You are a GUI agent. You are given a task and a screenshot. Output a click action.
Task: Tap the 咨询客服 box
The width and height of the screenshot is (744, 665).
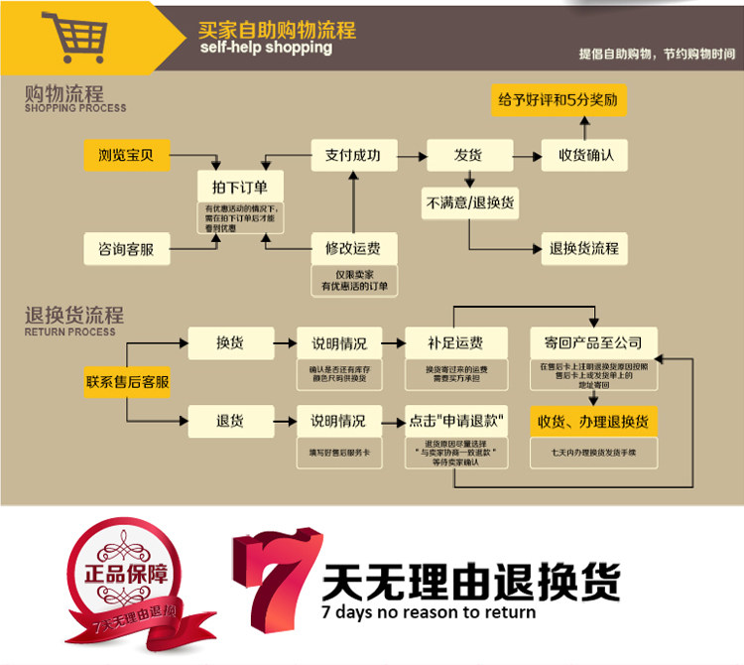[125, 247]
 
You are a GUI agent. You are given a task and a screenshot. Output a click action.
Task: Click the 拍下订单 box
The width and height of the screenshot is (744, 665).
[239, 187]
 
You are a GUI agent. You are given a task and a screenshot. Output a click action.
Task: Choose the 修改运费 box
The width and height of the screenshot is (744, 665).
[352, 247]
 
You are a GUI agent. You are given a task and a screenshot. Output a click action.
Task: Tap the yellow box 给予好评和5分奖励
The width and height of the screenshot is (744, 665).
[560, 100]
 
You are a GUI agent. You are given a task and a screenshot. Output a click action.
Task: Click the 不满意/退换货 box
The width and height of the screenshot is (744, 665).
[467, 201]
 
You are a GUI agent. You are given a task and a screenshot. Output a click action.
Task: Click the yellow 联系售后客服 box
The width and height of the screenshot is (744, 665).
[126, 380]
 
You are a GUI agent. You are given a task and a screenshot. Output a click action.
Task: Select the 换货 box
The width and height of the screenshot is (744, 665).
[230, 342]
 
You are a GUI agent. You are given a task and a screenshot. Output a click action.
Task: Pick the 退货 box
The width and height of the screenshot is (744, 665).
[230, 420]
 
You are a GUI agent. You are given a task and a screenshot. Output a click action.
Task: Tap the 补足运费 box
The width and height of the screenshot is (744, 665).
[455, 342]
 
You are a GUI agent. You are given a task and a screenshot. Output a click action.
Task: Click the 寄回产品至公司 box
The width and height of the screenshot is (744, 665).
[593, 342]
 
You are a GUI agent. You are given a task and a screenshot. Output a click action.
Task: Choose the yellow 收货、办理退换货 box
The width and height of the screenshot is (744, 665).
[593, 421]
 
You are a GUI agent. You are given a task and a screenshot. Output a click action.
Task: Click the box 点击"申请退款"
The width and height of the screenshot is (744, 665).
[455, 420]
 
